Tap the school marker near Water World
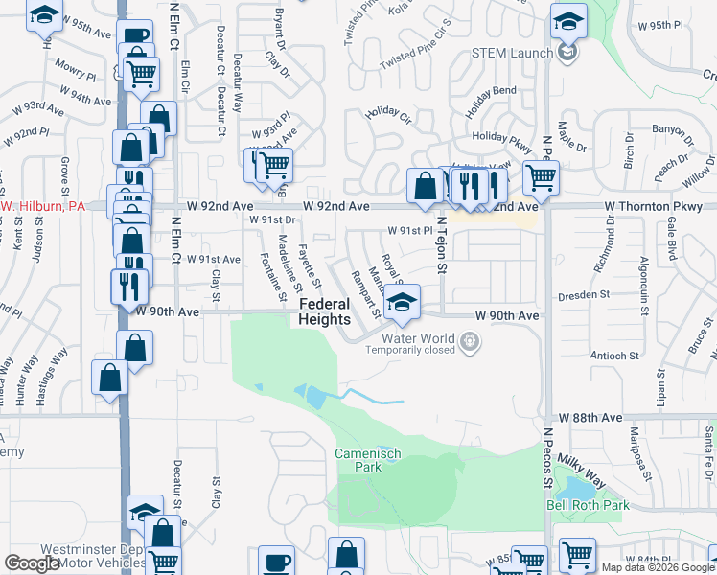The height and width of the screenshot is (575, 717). pyautogui.click(x=403, y=302)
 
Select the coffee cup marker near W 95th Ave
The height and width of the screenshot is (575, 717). pyautogui.click(x=136, y=37)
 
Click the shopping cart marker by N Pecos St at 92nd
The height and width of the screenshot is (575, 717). pyautogui.click(x=542, y=175)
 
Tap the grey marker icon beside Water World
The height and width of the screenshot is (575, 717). pyautogui.click(x=469, y=340)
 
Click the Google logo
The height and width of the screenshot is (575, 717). pyautogui.click(x=32, y=563)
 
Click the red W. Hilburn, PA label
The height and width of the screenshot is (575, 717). pyautogui.click(x=42, y=206)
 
